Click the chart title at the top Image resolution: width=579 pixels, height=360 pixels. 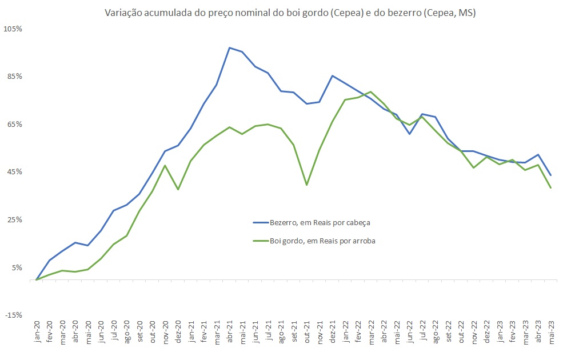click(290, 13)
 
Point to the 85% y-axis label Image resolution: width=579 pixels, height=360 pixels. click(14, 77)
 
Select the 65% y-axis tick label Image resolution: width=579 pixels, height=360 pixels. click(14, 124)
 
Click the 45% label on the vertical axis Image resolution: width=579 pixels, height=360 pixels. click(14, 172)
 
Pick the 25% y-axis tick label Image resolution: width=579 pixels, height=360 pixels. click(14, 220)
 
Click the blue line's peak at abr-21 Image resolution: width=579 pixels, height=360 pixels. click(229, 48)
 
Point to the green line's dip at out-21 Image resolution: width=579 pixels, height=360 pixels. click(307, 185)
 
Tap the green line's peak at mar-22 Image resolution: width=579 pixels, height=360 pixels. click(371, 92)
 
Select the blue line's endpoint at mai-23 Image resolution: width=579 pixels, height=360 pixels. click(551, 175)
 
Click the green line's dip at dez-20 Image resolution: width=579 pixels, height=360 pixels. click(178, 189)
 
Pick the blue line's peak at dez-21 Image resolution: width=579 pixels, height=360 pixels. click(333, 75)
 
